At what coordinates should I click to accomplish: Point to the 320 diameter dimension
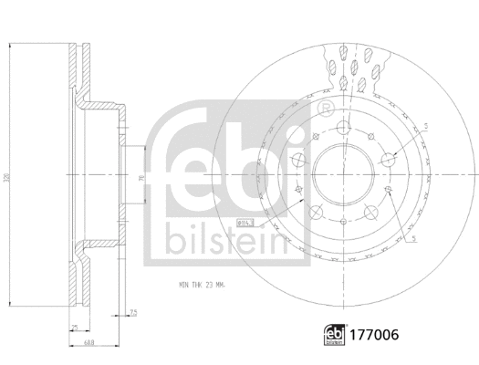[10, 173]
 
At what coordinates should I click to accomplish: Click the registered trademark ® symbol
[326, 109]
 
